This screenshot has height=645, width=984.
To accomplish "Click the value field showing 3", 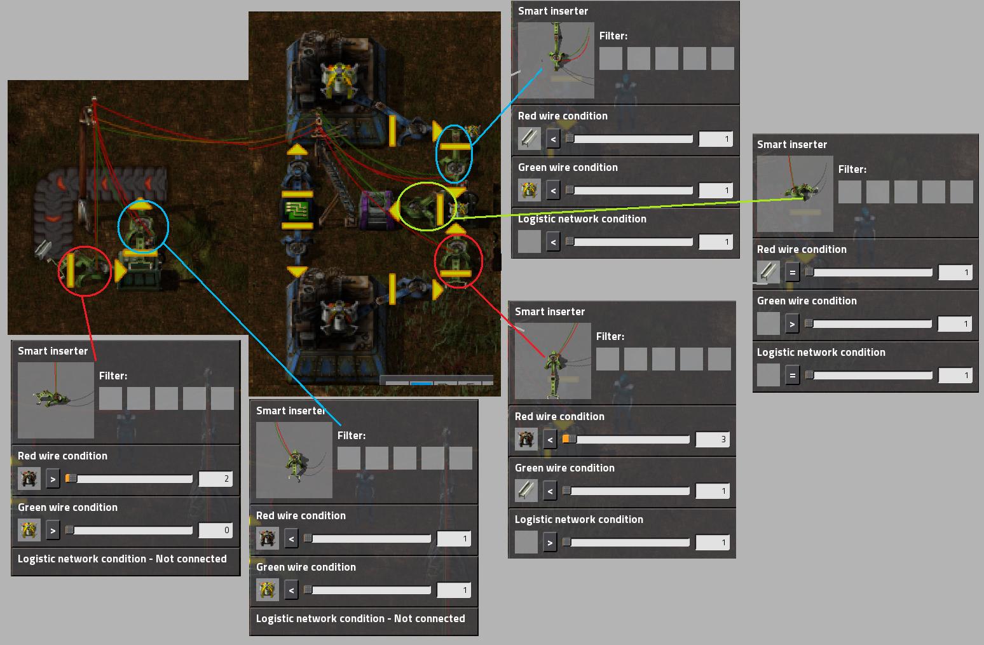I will click(712, 439).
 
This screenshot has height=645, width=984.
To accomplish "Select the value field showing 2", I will click(215, 479).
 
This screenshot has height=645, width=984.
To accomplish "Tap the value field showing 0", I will click(215, 530).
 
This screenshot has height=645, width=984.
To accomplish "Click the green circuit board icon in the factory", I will click(296, 210).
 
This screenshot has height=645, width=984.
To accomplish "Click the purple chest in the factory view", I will click(375, 210).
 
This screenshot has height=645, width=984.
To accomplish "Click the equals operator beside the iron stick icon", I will click(792, 273).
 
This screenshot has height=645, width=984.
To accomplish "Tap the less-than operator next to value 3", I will click(550, 439).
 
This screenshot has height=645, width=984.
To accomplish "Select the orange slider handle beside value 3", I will click(569, 439).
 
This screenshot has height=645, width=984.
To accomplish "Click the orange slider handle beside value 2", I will click(71, 479).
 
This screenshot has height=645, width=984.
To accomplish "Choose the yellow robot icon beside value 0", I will click(29, 530).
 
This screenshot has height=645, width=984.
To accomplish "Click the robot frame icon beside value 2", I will click(29, 479).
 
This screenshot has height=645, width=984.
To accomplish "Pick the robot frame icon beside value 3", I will click(526, 439).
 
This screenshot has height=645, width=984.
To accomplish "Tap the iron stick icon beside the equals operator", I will click(769, 273).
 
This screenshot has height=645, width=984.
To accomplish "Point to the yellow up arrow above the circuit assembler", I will click(297, 151).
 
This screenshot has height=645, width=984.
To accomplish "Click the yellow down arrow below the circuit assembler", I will click(297, 271).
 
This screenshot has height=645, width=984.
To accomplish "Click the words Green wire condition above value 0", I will click(67, 507).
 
